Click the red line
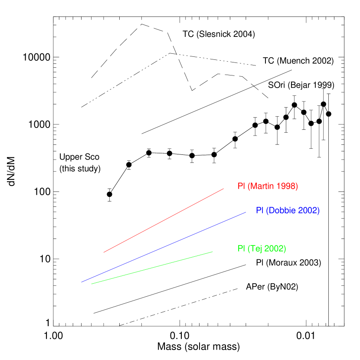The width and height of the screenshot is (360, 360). (164, 220)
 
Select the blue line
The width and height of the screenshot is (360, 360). (164, 247)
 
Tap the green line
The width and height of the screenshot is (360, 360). (152, 268)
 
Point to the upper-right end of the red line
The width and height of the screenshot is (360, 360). (223, 189)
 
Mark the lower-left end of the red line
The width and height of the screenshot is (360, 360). (103, 252)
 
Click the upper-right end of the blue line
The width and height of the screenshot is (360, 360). (246, 212)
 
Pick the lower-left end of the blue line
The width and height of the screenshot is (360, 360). (81, 282)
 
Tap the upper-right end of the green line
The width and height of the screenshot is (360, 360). (213, 252)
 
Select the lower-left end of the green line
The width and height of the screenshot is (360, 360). (92, 284)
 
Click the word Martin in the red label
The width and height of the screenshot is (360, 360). (262, 187)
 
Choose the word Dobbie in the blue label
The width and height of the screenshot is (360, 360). (282, 211)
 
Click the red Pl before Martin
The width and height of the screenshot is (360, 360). (241, 187)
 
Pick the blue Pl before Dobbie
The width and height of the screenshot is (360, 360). (259, 211)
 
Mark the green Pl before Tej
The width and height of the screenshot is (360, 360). (241, 249)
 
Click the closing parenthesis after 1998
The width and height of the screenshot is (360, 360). (297, 187)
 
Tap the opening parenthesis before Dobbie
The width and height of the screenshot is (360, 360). (267, 211)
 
